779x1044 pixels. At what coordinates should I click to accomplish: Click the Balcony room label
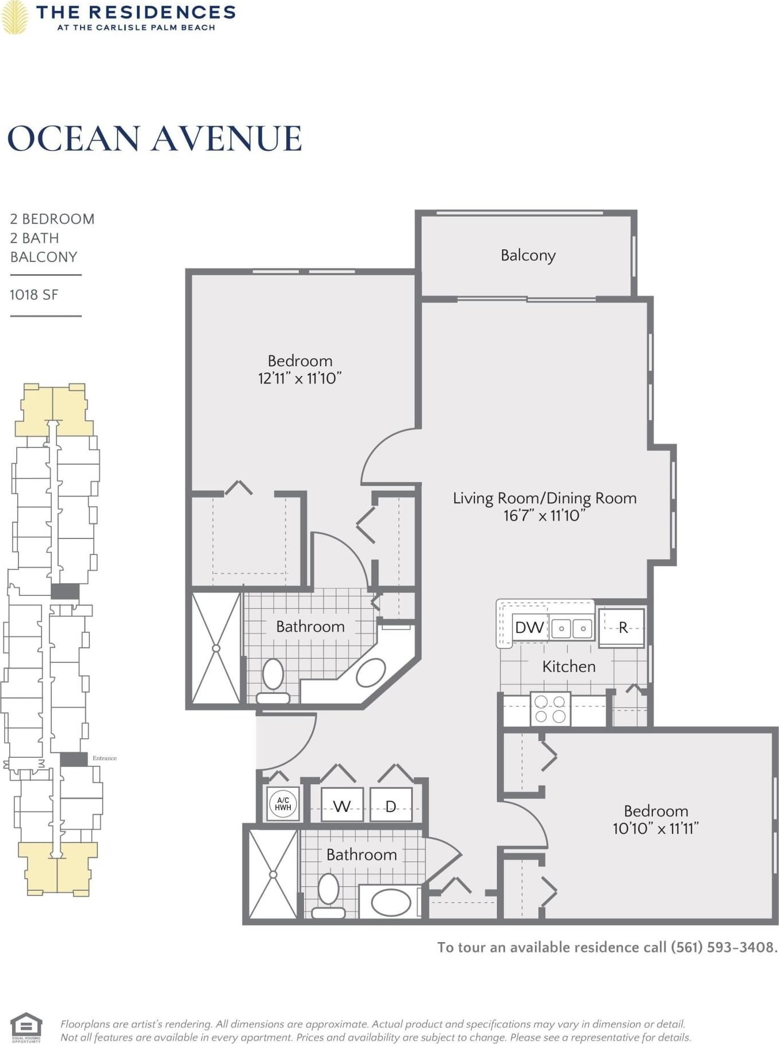(528, 255)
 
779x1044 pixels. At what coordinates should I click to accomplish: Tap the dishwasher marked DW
(529, 627)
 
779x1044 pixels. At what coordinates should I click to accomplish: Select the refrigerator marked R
(622, 628)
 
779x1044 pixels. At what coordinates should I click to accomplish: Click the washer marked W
(342, 806)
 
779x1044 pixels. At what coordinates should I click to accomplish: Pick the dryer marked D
(390, 806)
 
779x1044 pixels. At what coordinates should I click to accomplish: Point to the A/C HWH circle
(283, 803)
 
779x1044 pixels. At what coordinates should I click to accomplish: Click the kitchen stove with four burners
(550, 709)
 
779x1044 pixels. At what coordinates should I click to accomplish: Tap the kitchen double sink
(572, 628)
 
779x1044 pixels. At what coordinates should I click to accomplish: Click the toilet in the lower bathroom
(328, 896)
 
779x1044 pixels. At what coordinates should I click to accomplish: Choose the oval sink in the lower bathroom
(391, 902)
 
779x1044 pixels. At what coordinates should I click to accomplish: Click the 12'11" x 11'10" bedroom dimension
(300, 378)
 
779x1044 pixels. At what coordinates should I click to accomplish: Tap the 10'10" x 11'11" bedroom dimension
(656, 829)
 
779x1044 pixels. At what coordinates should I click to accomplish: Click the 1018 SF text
(34, 295)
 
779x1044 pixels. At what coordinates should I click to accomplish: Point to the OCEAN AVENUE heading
(154, 139)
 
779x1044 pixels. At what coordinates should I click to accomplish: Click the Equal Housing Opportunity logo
(26, 1027)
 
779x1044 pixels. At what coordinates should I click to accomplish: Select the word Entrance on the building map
(105, 758)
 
